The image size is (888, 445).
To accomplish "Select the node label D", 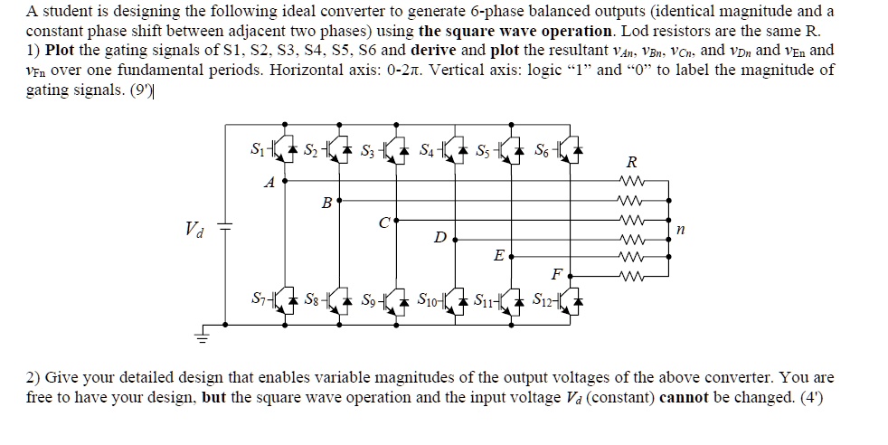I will coord(439,237).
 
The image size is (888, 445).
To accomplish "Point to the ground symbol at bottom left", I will coord(203,336).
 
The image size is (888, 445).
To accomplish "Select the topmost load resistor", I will coord(630,180).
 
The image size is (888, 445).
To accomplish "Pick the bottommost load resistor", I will coord(630,276).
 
